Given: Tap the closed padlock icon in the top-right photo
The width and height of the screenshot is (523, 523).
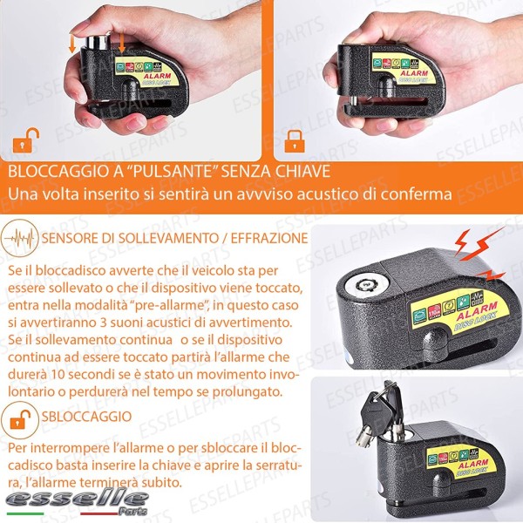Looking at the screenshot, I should click(295, 139).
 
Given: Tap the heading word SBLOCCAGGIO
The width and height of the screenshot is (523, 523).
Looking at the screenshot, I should click(86, 417).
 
